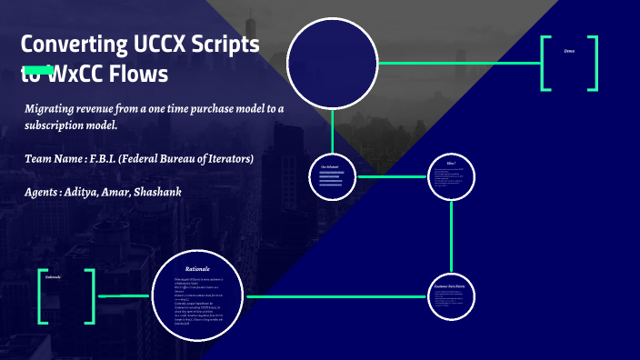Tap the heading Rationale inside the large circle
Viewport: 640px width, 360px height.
tap(197, 270)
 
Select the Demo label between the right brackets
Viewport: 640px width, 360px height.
tap(569, 51)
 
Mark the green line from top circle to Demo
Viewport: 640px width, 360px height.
tap(459, 63)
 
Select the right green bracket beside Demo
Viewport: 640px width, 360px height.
tap(594, 63)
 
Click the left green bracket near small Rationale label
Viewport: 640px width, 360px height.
tap(42, 296)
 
